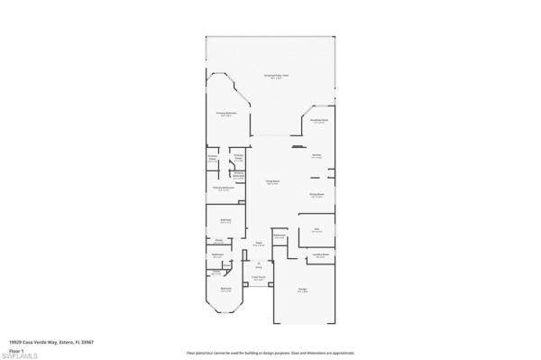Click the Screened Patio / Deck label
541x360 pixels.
pos(276,77)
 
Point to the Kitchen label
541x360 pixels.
pos(317,156)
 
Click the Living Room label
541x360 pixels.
pos(271,182)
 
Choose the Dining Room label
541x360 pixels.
pos(316,194)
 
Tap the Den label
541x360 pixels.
pos(316,229)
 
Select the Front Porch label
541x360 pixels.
pos(258,279)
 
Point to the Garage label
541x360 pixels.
pos(303,290)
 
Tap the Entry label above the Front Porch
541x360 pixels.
pos(258,265)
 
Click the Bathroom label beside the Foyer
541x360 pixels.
pos(280,236)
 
